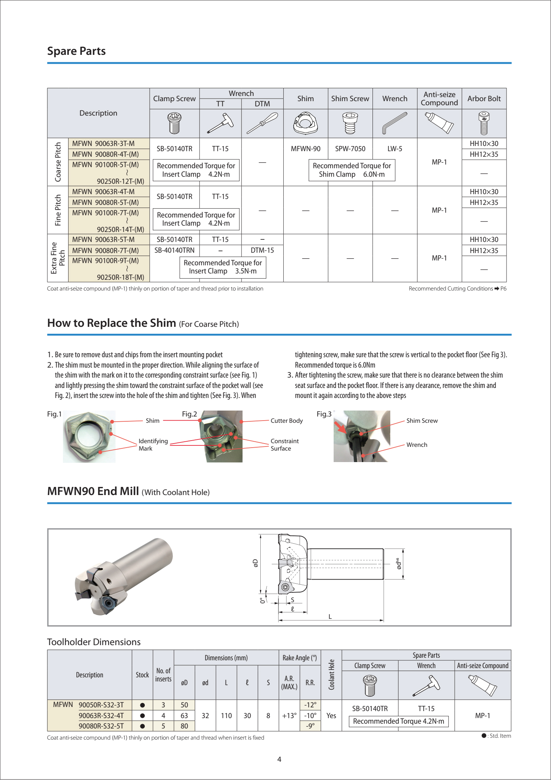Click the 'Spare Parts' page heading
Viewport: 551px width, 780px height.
point(76,51)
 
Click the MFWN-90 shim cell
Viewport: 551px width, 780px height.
point(305,149)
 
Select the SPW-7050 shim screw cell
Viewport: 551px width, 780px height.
point(350,149)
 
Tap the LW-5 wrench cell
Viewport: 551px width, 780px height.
point(395,149)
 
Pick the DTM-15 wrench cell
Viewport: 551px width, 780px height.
point(262,250)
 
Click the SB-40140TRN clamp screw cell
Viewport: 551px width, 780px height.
point(174,250)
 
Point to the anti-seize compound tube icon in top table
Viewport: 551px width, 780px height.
point(439,123)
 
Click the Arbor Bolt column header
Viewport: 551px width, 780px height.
point(484,99)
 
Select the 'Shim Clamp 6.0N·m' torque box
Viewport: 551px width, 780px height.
point(352,170)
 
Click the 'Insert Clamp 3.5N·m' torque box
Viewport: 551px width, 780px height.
point(223,267)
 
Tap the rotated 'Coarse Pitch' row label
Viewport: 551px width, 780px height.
point(58,162)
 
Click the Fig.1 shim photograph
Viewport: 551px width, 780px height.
point(89,437)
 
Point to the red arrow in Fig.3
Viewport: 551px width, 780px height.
point(340,428)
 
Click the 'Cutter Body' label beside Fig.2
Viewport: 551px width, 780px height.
point(287,421)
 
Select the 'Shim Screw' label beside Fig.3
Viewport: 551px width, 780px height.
point(422,421)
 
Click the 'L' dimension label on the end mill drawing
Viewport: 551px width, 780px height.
point(330,617)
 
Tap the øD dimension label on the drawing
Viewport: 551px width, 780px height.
point(256,563)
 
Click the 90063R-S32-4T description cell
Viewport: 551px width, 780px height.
point(101,716)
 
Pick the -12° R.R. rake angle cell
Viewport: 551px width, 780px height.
point(310,705)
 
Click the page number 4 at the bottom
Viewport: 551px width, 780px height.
point(279,759)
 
